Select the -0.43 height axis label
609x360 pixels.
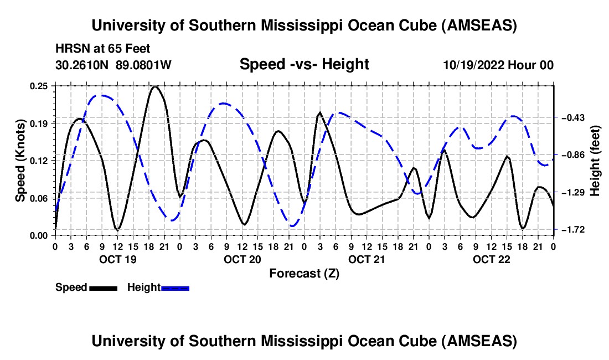pyautogui.click(x=570, y=118)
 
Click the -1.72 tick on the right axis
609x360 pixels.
pyautogui.click(x=570, y=229)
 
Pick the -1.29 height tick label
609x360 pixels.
pyautogui.click(x=570, y=192)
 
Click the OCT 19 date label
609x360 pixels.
pyautogui.click(x=117, y=259)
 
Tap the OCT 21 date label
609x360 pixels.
pyautogui.click(x=366, y=259)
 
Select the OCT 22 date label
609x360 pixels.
pyautogui.click(x=491, y=259)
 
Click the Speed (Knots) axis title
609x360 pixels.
pyautogui.click(x=20, y=160)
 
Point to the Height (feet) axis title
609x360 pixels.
pyautogui.click(x=595, y=160)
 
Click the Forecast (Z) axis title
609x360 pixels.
pyautogui.click(x=304, y=273)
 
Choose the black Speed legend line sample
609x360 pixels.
pyautogui.click(x=103, y=287)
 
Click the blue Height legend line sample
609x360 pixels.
pyautogui.click(x=175, y=287)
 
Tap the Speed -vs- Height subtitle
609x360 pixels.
pyautogui.click(x=304, y=64)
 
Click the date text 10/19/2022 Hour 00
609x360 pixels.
pyautogui.click(x=498, y=65)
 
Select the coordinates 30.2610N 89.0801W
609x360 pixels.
pyautogui.click(x=113, y=65)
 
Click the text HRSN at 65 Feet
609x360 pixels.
pyautogui.click(x=103, y=49)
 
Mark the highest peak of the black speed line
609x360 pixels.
pyautogui.click(x=155, y=87)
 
